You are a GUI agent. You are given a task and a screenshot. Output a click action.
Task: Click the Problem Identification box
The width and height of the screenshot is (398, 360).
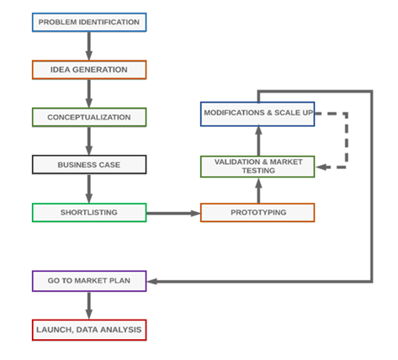[x=88, y=23]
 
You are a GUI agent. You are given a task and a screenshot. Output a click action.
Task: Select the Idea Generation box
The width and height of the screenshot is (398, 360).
[x=88, y=70]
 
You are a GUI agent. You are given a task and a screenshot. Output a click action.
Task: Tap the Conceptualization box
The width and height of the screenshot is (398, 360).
[x=88, y=117]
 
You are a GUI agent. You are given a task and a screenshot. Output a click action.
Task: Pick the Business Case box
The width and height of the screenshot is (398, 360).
[x=88, y=165]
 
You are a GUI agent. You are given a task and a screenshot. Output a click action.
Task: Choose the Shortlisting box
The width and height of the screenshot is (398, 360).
[x=88, y=213]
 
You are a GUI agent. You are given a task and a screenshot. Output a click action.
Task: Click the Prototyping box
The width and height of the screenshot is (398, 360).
[x=257, y=213]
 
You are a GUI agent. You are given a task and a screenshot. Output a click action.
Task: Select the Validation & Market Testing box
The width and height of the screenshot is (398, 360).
[x=257, y=166]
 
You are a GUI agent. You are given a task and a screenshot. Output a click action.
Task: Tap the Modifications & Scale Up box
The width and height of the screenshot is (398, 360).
[x=257, y=114]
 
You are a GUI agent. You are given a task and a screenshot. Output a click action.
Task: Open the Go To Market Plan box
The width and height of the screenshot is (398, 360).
[x=88, y=281]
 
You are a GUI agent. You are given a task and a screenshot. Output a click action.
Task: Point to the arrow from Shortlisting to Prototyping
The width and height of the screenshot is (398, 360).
[x=173, y=214]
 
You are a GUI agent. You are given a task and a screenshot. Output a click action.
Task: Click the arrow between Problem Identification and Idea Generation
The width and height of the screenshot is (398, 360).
[x=88, y=46]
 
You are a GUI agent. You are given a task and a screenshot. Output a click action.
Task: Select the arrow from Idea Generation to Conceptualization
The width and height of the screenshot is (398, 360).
[x=88, y=93]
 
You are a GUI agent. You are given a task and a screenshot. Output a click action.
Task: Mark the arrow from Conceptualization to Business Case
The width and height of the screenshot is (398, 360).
[x=88, y=141]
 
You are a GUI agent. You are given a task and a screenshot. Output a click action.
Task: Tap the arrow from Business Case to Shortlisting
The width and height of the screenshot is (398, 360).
[x=88, y=188]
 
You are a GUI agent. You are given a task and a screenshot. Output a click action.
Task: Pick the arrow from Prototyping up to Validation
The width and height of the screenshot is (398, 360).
[x=257, y=190]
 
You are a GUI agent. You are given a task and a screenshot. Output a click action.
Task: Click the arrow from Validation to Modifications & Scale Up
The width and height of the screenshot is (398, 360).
[x=257, y=140]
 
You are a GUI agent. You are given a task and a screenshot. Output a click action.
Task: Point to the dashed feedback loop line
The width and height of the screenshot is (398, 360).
[x=346, y=140]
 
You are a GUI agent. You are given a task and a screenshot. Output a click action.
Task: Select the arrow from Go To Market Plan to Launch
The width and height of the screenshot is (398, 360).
[x=88, y=305]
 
